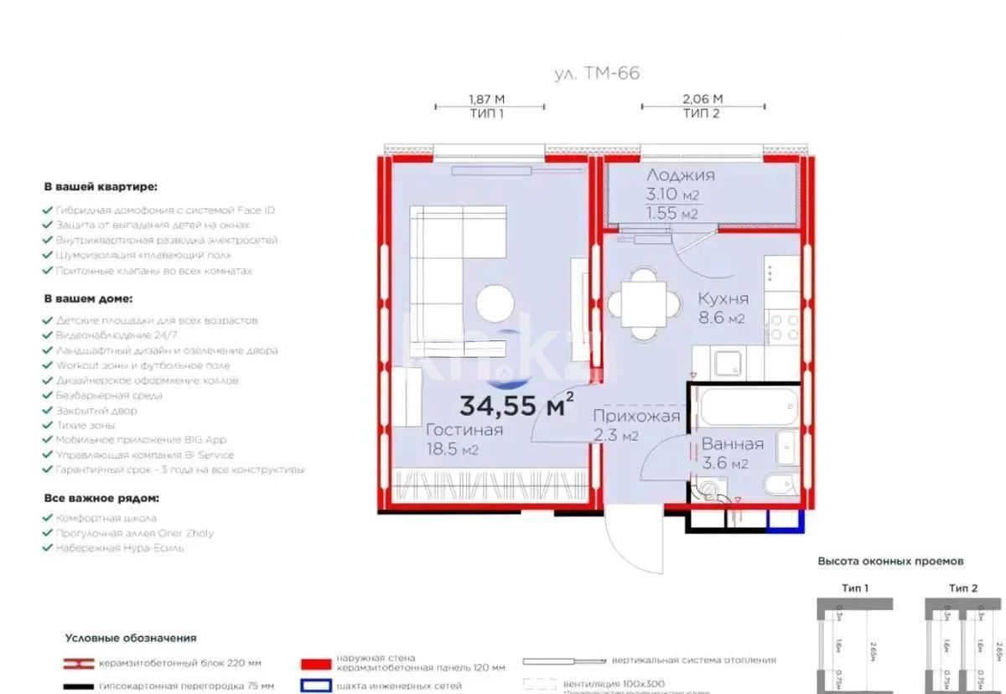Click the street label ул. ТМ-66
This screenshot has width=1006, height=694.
(597, 73)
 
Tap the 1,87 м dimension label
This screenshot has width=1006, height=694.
(486, 99)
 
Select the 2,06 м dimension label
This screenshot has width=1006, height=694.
(702, 99)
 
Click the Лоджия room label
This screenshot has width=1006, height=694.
(680, 175)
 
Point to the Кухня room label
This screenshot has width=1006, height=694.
(722, 298)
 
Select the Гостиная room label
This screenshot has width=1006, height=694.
(464, 430)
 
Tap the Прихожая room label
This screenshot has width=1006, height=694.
(636, 417)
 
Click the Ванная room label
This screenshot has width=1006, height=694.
(732, 444)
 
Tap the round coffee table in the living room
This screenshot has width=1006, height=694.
(495, 303)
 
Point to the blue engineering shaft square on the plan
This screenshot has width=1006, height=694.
(786, 520)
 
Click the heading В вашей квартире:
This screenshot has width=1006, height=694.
(100, 187)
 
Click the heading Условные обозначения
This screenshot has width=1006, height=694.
(130, 638)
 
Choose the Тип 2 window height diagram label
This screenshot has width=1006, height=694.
(963, 588)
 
